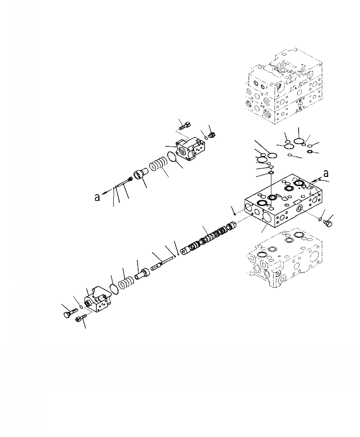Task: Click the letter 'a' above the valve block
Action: [x=326, y=173]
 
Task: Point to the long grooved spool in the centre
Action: [x=210, y=237]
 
